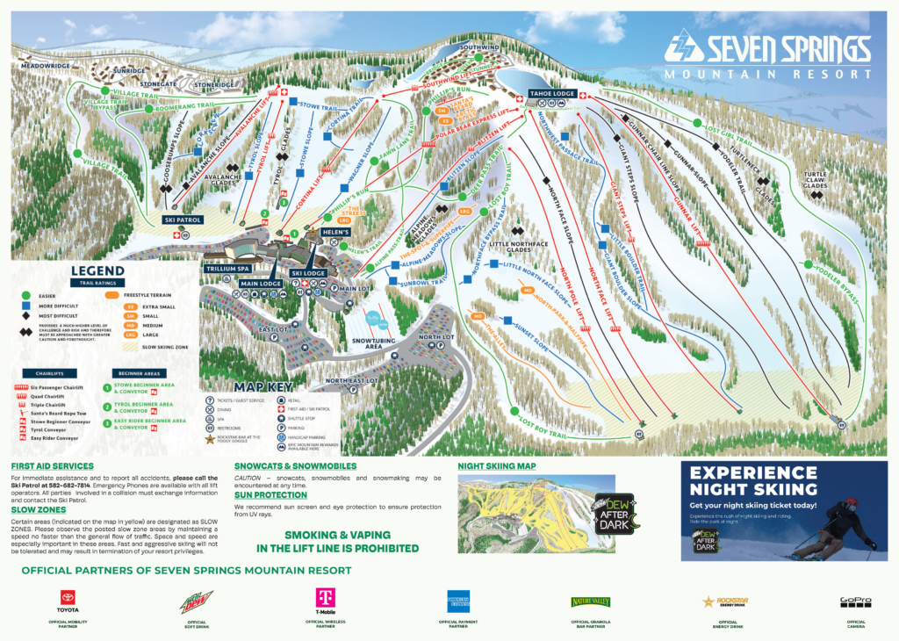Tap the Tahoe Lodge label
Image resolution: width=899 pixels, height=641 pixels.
551,93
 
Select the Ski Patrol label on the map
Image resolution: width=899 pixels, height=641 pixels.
183,220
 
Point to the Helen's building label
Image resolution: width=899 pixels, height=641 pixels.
335,232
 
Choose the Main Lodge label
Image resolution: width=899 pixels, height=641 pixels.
260,284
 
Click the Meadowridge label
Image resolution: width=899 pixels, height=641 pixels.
45,65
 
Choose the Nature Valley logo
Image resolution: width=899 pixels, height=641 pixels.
591,602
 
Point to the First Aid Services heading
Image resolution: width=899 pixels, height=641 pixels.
52,465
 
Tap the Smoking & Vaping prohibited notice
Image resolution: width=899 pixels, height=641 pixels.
338,541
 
